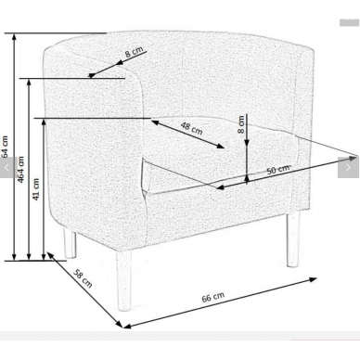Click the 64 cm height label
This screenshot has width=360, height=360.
point(6,147)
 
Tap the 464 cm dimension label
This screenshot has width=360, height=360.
point(20,170)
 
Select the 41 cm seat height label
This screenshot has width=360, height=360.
point(36,189)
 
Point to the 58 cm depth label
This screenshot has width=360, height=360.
point(83,278)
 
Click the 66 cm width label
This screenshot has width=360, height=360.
point(213,297)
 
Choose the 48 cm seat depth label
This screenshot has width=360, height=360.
point(192,128)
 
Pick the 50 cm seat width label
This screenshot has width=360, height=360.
point(278,169)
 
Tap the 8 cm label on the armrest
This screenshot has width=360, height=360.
point(134,52)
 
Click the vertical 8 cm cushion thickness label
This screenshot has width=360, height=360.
point(241,124)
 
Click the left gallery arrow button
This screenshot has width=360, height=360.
point(7,167)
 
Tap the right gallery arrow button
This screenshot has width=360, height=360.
point(348,167)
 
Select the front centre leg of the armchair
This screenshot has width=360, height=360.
point(124,280)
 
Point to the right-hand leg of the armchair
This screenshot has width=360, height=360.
point(293,239)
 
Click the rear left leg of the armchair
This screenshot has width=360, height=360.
point(70,243)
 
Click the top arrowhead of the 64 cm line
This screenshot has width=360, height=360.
point(14,37)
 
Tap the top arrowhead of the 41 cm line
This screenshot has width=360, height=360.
point(44,122)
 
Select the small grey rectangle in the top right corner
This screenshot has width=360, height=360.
point(349,22)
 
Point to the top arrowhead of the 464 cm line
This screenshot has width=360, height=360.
point(29,83)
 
